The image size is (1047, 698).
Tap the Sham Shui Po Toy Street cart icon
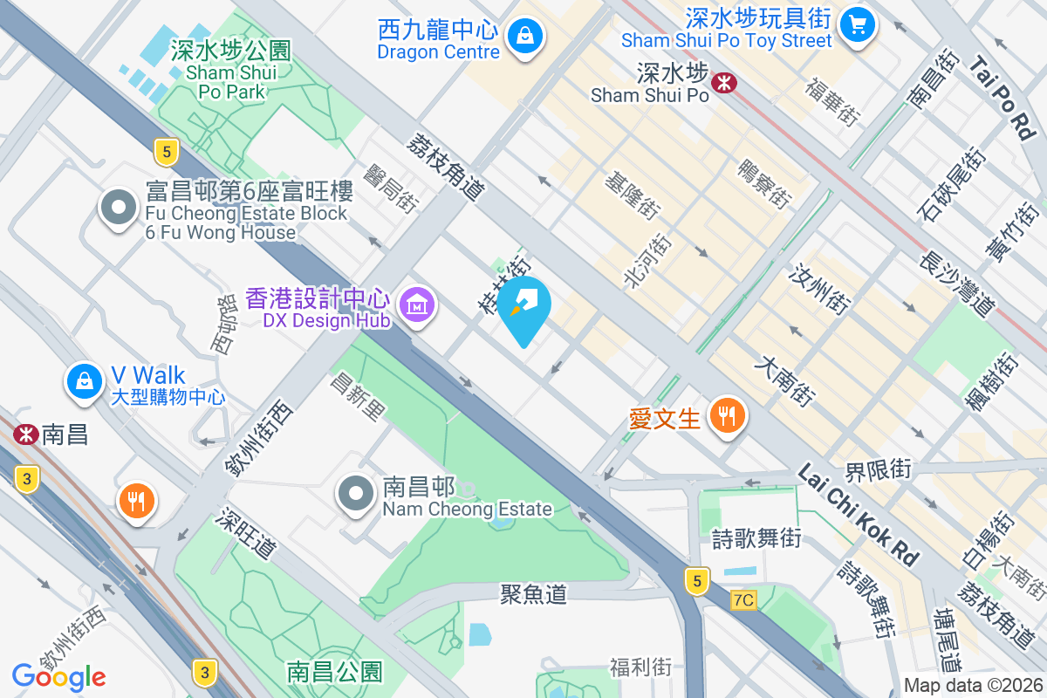858,24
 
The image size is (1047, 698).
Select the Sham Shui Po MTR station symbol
723,83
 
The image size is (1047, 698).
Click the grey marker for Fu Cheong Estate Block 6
118,208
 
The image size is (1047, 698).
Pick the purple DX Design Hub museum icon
417,305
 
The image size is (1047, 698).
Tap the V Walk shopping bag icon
84,381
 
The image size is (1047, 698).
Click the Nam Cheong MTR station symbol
26,434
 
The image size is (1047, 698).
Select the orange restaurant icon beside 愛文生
726,415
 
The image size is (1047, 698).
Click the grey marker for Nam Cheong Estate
355,494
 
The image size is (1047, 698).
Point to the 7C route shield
743,600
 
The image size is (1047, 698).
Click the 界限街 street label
879,470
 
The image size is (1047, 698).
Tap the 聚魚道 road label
533,594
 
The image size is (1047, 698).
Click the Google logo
58,676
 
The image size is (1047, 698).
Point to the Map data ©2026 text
974,686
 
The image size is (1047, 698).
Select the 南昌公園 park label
334,672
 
